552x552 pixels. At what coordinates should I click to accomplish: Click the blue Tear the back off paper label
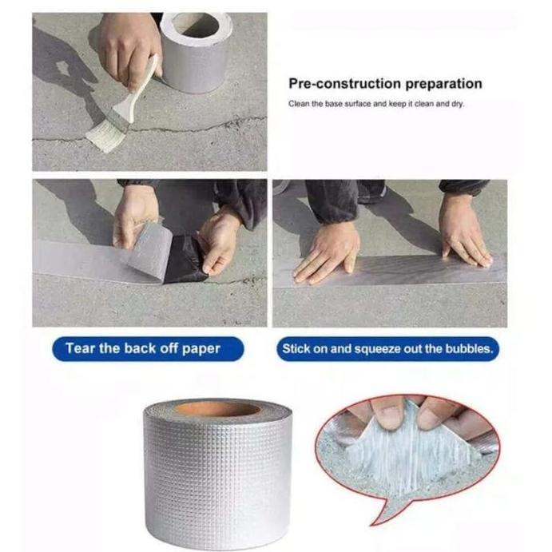click(x=143, y=349)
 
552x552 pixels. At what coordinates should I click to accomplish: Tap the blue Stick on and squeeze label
click(x=387, y=349)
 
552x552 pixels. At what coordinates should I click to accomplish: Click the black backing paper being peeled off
click(x=185, y=260)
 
